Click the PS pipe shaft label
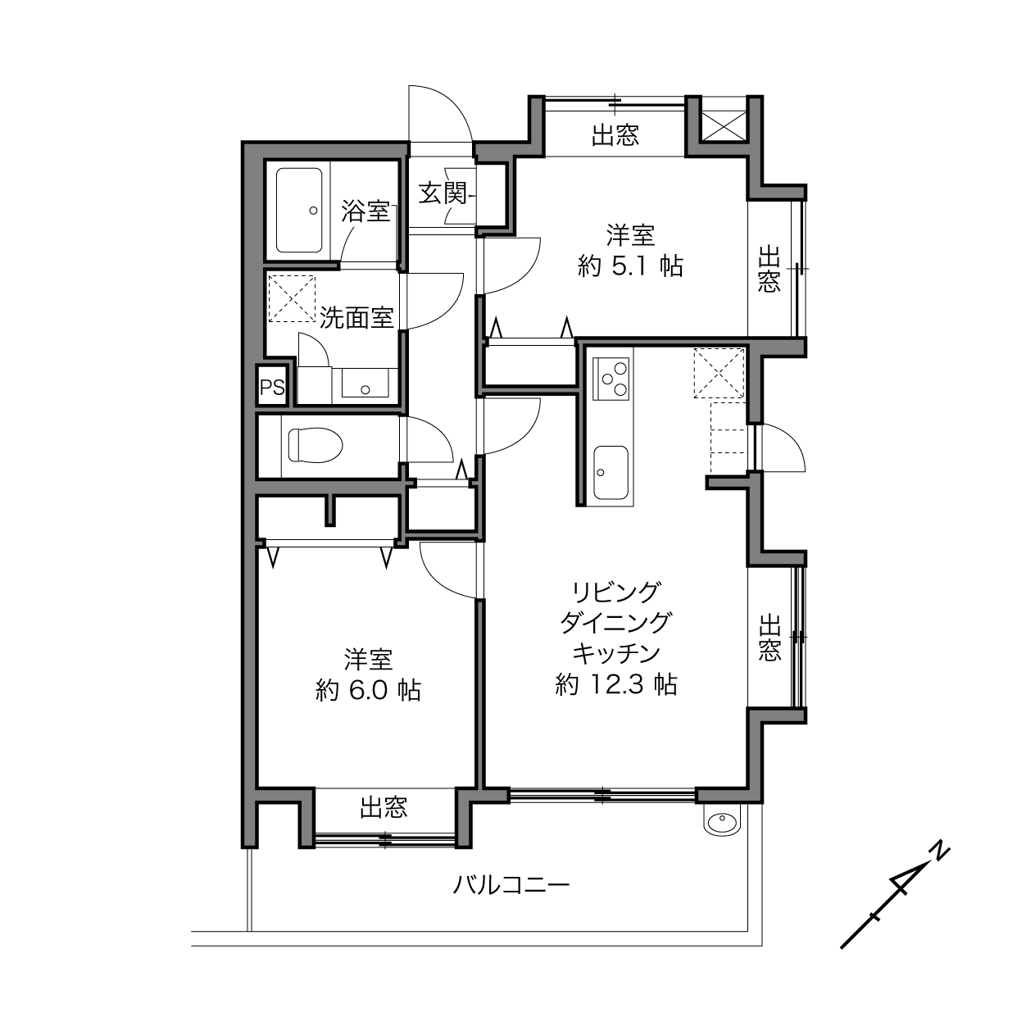point(272,388)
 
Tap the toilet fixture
point(315,445)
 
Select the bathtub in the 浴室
point(299,211)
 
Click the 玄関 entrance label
point(443,193)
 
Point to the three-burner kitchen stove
point(611,379)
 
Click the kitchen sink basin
point(611,472)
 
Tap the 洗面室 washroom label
point(356,318)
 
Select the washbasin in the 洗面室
point(365,382)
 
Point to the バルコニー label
point(511,885)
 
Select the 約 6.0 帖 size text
point(369,691)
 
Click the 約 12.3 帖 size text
point(616,684)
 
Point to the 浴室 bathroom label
point(365,211)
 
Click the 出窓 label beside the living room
point(769,638)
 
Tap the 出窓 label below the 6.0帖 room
point(384,807)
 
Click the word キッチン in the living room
point(616,653)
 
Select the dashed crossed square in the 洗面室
point(292,298)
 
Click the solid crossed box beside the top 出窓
point(724,126)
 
